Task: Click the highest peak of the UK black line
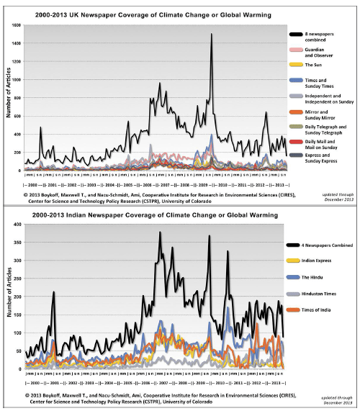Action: pos(212,34)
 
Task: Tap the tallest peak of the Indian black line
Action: pos(160,232)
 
